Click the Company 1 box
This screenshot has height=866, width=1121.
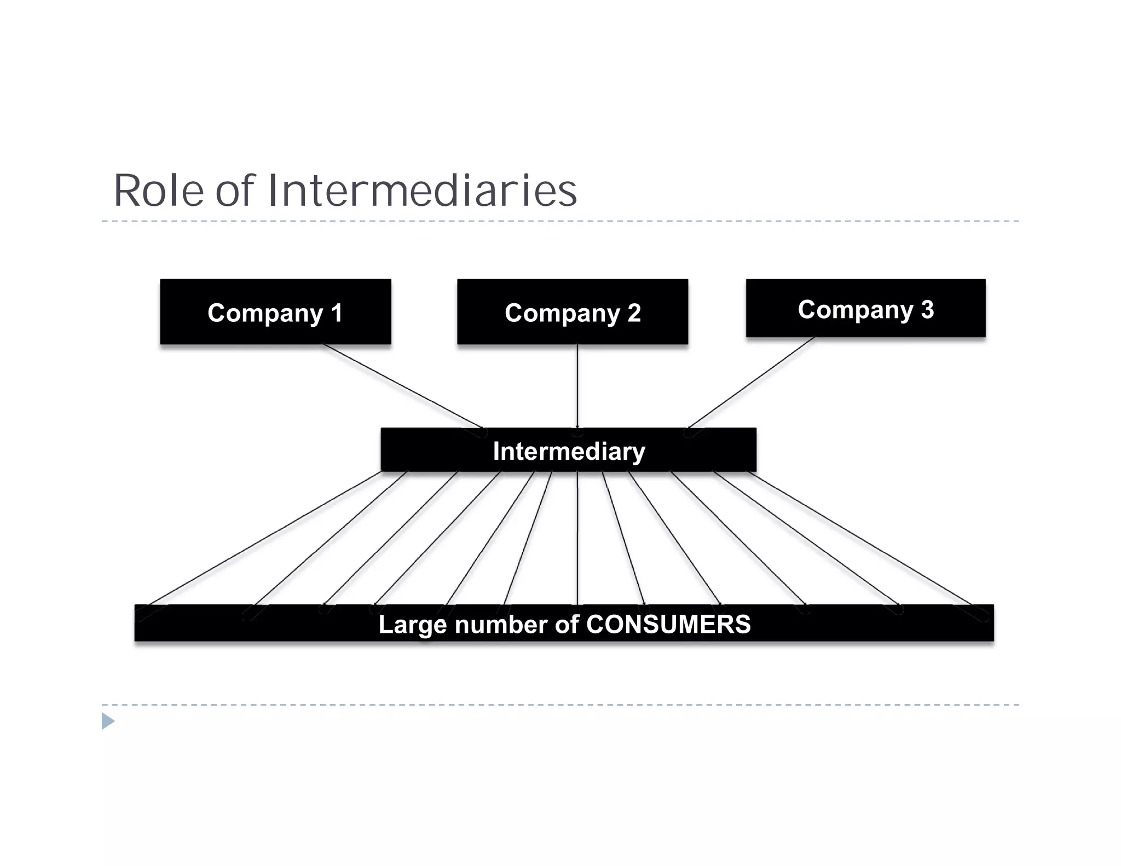click(275, 312)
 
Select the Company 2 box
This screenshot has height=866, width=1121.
click(573, 312)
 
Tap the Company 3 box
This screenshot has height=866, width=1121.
click(865, 308)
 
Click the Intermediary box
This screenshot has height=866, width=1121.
click(568, 450)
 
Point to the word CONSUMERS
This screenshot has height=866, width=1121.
click(668, 625)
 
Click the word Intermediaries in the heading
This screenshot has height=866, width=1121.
click(422, 190)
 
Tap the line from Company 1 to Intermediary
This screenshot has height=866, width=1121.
click(402, 386)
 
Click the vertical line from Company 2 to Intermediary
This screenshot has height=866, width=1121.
click(577, 386)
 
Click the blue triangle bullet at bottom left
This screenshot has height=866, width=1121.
click(108, 721)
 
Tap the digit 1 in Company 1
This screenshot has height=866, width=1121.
click(336, 313)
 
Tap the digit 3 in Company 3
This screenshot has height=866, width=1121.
click(927, 309)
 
